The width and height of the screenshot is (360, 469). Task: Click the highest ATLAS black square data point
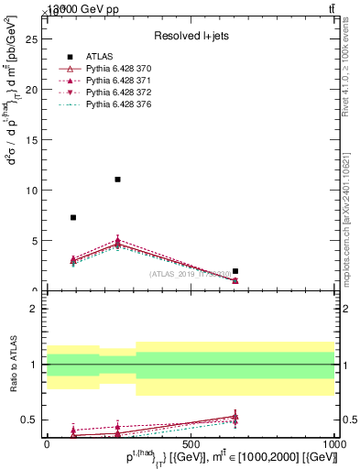pos(117,180)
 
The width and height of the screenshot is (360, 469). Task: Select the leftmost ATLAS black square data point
pos(73,217)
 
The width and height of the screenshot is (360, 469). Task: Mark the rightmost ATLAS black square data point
pos(235,271)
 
